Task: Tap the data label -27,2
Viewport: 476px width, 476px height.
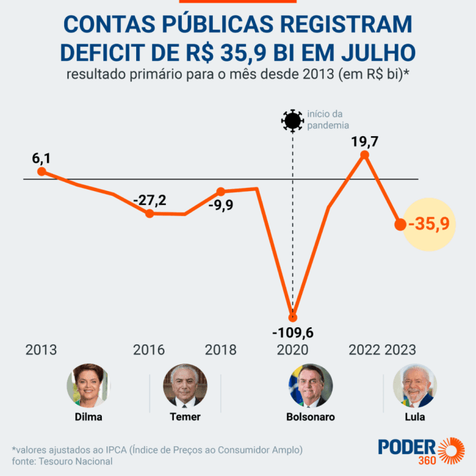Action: coord(150,199)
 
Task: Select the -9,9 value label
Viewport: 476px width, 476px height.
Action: coord(220,206)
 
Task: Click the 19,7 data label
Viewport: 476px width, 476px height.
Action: coord(364,140)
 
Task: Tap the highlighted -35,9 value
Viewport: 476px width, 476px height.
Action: coord(429,224)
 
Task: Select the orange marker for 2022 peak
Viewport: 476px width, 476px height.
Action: coord(364,155)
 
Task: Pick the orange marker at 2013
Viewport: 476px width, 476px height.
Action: coord(42,171)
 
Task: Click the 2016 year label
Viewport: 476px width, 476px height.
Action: coord(149,350)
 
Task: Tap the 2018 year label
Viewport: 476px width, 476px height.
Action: coord(221,350)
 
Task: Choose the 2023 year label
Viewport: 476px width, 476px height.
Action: coord(400,350)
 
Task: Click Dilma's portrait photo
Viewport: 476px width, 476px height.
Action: coord(89,385)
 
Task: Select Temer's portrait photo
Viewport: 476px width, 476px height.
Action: coord(185,385)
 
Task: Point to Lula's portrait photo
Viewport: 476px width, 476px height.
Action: coord(415,385)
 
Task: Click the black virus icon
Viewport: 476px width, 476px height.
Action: coord(292,121)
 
